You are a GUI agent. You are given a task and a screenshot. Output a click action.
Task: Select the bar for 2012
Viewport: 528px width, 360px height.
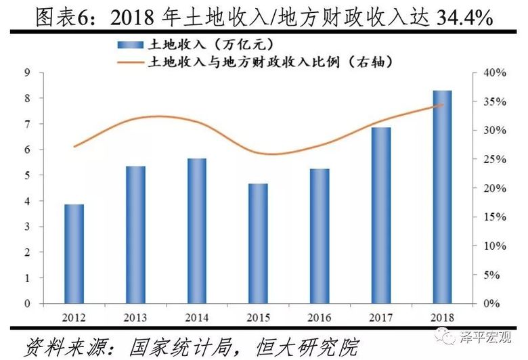74,254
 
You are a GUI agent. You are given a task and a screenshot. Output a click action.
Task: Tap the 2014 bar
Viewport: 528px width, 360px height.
197,231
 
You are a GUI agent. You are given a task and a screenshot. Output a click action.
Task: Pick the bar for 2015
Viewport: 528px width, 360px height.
258,244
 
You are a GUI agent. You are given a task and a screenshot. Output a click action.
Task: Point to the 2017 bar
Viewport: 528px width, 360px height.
381,215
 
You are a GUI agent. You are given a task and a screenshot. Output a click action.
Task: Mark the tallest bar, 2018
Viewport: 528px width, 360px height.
442,197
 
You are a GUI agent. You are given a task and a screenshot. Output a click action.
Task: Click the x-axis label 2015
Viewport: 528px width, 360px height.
258,317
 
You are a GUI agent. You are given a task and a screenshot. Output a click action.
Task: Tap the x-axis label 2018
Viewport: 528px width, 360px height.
442,317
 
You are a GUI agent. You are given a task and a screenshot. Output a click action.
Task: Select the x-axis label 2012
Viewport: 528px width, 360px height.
74,317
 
